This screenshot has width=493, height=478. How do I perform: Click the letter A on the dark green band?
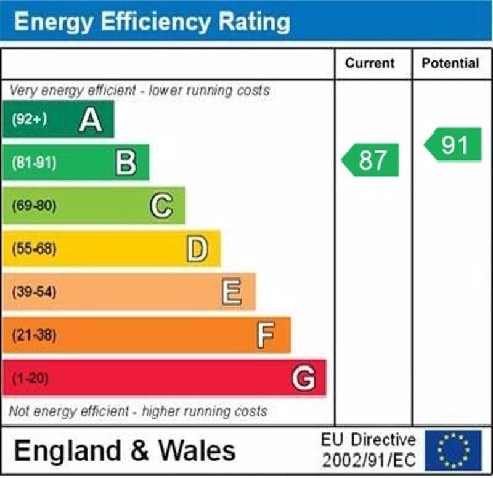click(x=91, y=119)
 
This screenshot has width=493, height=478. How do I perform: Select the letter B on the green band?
click(x=126, y=163)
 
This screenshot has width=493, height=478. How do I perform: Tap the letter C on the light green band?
click(x=161, y=206)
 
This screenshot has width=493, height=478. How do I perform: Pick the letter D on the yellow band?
click(x=197, y=249)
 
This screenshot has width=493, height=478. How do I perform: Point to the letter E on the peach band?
click(x=232, y=292)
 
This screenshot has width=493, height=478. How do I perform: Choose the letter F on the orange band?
click(x=266, y=335)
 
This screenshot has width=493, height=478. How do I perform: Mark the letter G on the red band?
click(x=303, y=378)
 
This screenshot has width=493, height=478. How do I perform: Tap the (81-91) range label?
click(x=34, y=163)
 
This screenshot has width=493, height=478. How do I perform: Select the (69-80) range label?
click(x=34, y=206)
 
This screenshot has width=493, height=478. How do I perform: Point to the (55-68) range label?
click(x=34, y=249)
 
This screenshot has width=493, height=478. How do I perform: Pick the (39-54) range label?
click(x=34, y=292)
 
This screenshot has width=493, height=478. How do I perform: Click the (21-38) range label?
click(x=34, y=335)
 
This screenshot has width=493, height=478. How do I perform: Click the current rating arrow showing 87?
click(x=371, y=160)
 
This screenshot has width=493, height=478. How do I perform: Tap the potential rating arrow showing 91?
click(x=454, y=145)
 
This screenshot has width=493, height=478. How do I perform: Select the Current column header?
click(x=370, y=63)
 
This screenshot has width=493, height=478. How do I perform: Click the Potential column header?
click(x=450, y=63)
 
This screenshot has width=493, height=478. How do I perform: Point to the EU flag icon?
click(x=453, y=450)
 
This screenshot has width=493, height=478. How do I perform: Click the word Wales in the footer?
click(x=197, y=451)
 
